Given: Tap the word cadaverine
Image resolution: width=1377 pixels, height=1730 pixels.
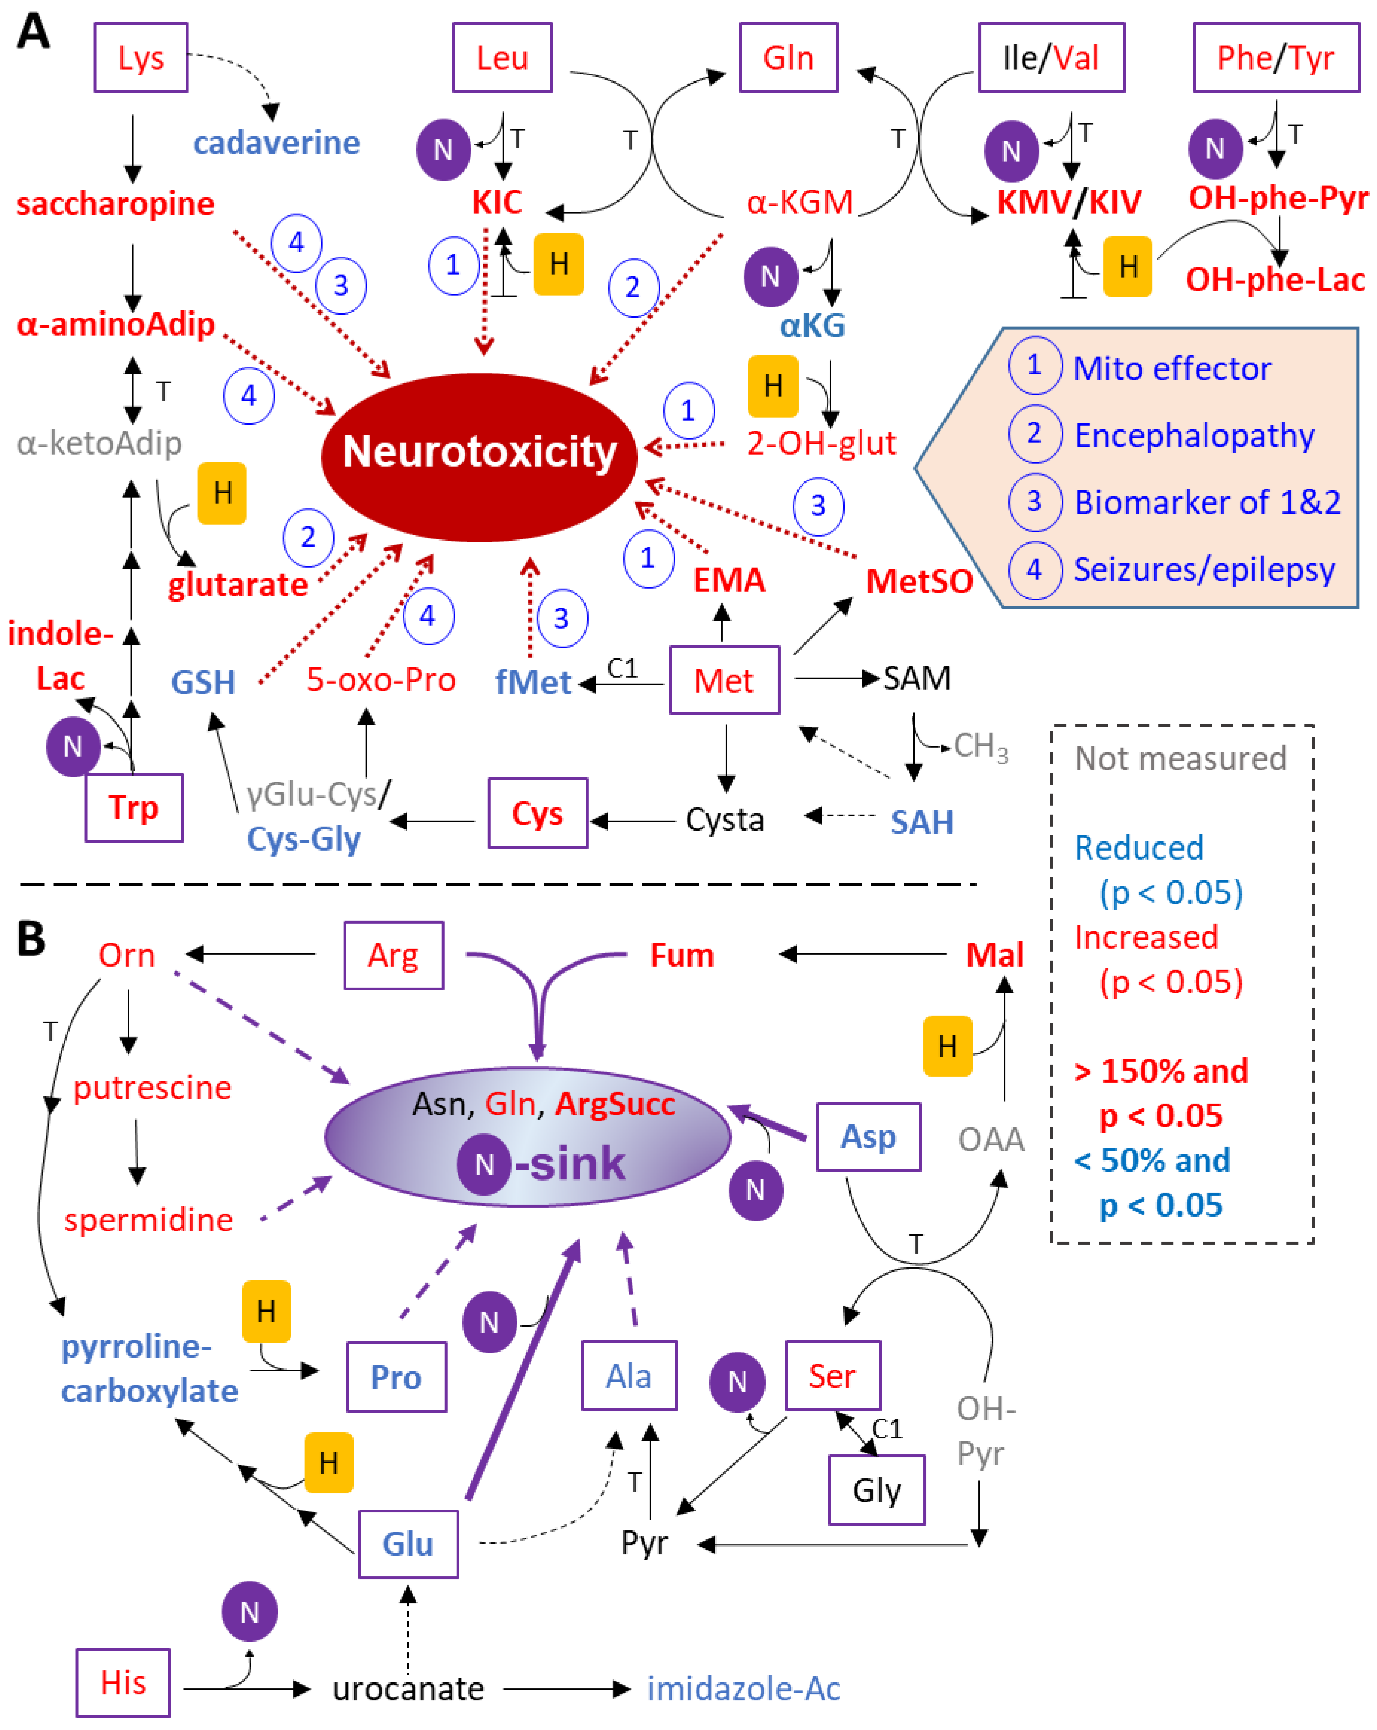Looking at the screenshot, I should click(277, 143).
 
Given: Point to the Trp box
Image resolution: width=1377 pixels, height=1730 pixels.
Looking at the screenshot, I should click(134, 807).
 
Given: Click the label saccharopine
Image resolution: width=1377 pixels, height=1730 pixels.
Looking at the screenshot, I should click(116, 204).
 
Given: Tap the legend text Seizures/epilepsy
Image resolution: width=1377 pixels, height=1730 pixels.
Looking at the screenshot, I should click(1204, 570).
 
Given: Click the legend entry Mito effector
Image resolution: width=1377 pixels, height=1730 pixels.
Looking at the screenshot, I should click(1171, 368).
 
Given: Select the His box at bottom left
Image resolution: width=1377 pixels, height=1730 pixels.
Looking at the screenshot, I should click(123, 1683).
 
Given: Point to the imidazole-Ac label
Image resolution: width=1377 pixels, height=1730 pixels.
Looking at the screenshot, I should click(743, 1688).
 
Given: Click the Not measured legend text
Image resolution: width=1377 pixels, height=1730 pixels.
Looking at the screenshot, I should click(1180, 758).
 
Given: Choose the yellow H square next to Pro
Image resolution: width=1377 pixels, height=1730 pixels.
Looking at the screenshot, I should click(267, 1311).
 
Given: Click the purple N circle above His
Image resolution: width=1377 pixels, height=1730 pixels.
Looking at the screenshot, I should click(249, 1611).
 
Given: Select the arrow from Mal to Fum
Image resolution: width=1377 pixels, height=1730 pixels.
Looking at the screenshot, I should click(862, 954).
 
